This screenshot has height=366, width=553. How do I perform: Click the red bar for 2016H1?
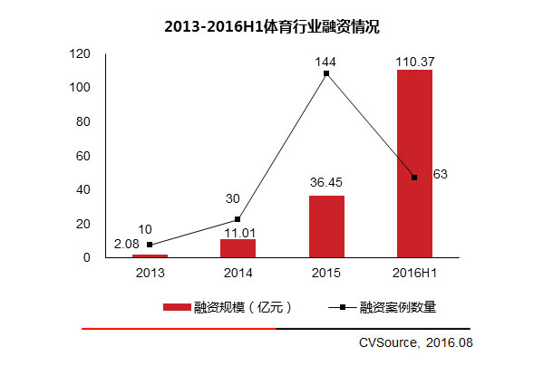tap(414, 163)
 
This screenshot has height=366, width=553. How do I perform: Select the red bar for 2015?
tap(326, 226)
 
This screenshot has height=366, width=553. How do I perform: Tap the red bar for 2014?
tap(238, 248)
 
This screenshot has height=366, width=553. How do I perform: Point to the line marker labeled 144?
tap(326, 73)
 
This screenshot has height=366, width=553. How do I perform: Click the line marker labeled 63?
tap(414, 178)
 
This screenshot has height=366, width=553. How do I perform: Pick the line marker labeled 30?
tap(238, 219)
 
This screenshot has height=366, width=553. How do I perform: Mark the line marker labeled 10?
tap(150, 245)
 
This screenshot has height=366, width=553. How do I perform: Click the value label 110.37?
tap(414, 60)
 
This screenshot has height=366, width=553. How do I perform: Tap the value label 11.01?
tap(238, 231)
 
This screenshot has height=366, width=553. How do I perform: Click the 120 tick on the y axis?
tap(82, 54)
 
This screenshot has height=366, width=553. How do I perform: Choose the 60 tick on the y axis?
tap(84, 156)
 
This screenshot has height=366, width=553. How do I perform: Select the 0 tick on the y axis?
tap(88, 258)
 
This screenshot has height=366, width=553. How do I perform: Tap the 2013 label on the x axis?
tap(150, 272)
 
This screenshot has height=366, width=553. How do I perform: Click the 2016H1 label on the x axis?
tap(414, 272)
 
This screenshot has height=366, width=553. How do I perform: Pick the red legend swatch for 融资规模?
tap(176, 307)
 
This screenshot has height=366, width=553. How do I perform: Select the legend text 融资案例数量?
tap(398, 307)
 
